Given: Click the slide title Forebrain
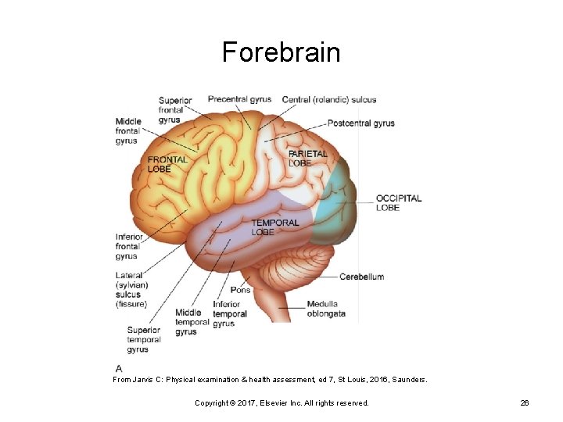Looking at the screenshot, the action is (x=281, y=52).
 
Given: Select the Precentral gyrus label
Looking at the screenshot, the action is (x=239, y=99).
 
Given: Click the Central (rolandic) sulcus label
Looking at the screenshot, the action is (x=328, y=99).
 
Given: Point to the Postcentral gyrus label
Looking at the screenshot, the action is (x=360, y=123).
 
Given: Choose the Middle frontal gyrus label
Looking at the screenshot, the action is (x=127, y=131).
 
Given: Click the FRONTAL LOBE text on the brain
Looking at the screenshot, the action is (x=167, y=164).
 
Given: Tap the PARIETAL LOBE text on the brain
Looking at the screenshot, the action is (x=307, y=159).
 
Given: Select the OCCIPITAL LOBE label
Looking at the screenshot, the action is (x=398, y=203).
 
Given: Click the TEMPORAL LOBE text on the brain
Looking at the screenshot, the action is (x=274, y=227).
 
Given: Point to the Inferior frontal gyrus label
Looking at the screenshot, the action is (x=129, y=246).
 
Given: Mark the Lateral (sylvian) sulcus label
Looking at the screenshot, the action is (x=131, y=290).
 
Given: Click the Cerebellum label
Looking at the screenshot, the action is (x=361, y=277).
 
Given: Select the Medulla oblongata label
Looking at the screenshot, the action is (x=325, y=309).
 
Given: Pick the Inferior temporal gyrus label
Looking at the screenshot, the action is (x=229, y=314).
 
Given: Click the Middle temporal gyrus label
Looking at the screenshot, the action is (x=192, y=322).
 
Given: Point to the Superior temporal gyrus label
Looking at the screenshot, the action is (x=144, y=340).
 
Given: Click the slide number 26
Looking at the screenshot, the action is (x=525, y=402).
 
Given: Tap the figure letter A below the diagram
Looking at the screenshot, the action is (x=118, y=368).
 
